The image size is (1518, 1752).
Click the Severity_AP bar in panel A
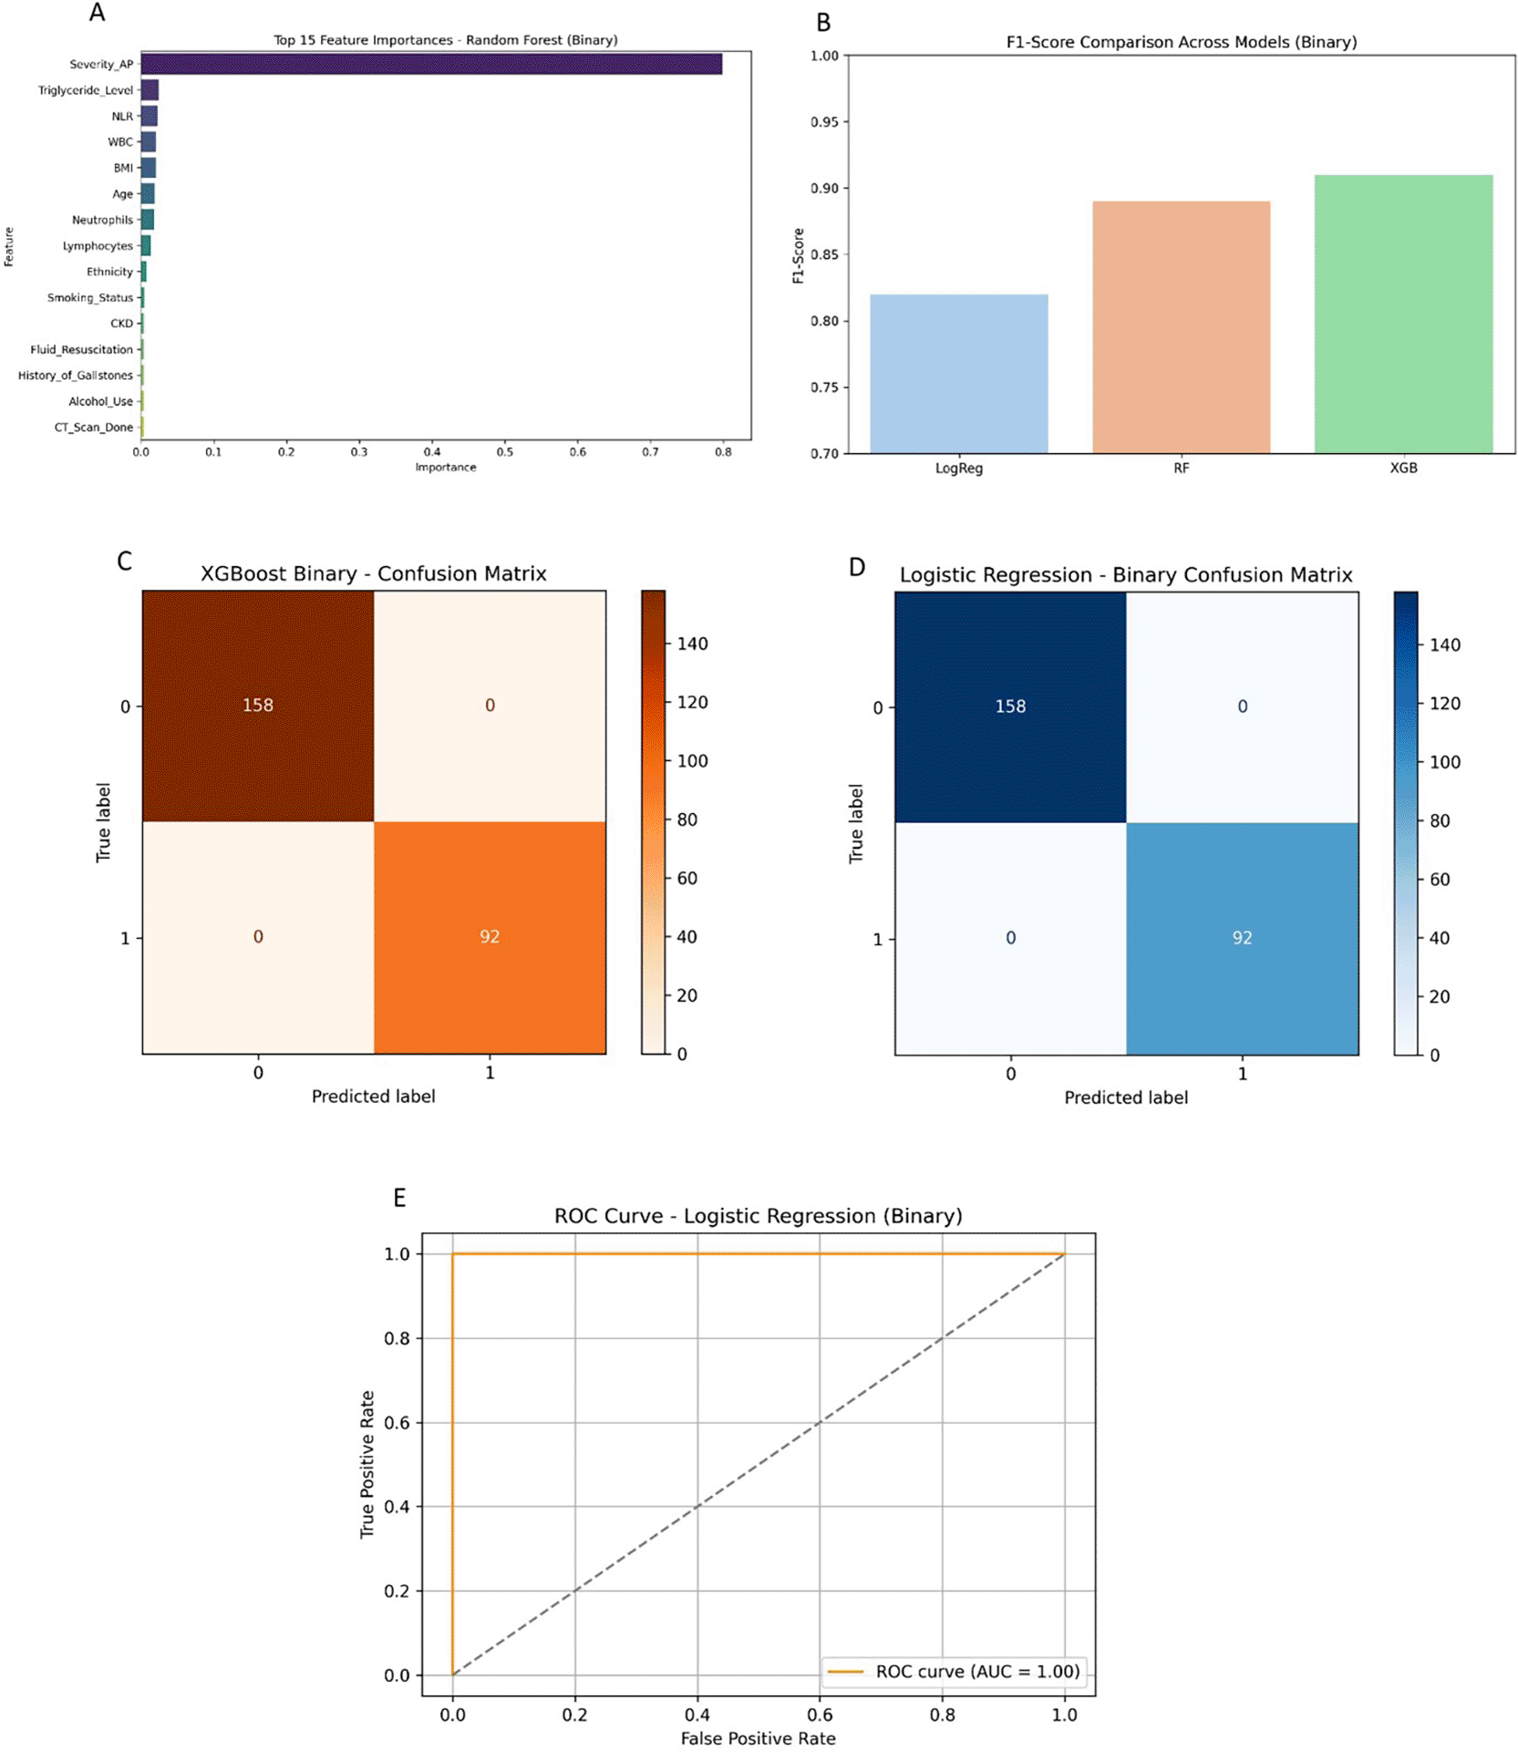tap(430, 64)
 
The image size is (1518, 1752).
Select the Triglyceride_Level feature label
tap(85, 90)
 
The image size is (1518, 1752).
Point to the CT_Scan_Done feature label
tap(93, 428)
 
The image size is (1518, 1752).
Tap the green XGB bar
tap(1402, 314)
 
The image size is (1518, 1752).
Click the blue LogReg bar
tap(958, 374)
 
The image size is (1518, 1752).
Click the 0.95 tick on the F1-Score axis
tap(824, 122)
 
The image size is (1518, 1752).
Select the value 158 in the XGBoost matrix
tap(258, 705)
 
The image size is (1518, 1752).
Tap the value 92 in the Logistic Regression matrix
tap(1242, 938)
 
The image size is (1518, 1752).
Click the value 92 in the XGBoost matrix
tap(490, 936)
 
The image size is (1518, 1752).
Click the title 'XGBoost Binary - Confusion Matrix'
tap(373, 573)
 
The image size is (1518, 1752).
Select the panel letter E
tap(399, 1197)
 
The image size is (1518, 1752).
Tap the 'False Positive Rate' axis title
tap(758, 1738)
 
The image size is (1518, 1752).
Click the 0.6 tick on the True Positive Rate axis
tap(397, 1422)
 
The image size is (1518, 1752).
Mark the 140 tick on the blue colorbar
tap(1444, 645)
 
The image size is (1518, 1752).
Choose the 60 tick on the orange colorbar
tap(687, 878)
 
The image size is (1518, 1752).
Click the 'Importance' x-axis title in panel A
tap(446, 468)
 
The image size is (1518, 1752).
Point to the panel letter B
tap(823, 23)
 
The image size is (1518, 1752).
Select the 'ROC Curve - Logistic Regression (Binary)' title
tap(758, 1216)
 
